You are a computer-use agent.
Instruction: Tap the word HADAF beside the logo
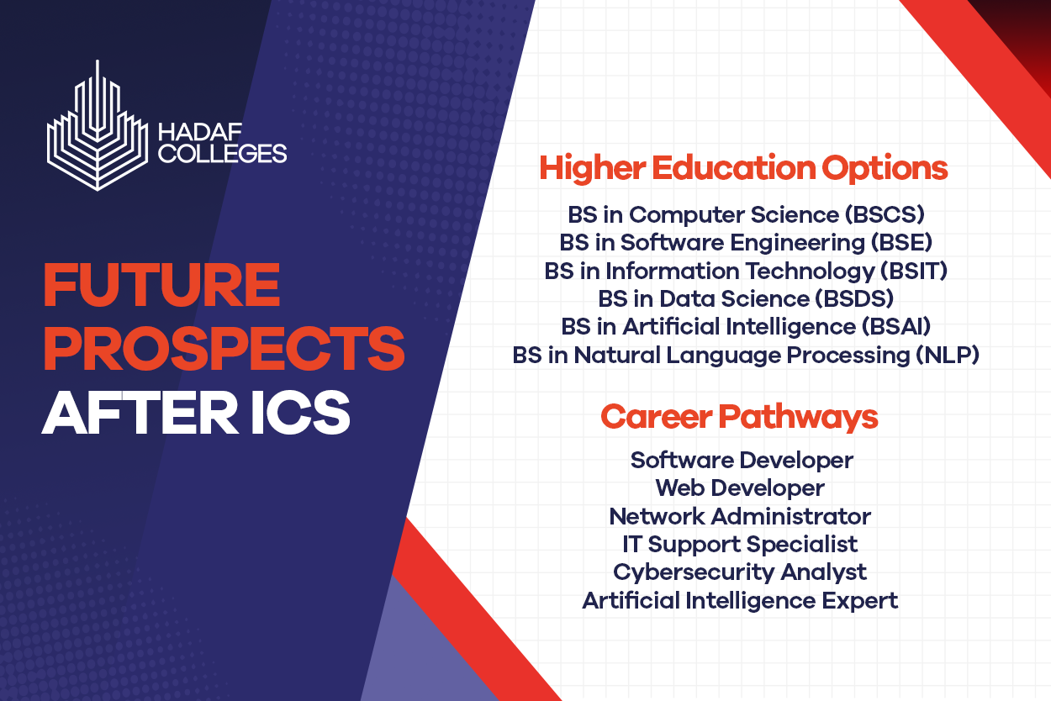tap(200, 132)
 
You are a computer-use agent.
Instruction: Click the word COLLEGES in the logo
tap(223, 154)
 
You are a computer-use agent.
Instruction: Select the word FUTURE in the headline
tap(162, 285)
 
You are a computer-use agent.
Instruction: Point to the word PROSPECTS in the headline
tap(224, 348)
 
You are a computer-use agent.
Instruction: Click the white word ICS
tap(300, 413)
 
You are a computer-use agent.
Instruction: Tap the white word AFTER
tap(140, 413)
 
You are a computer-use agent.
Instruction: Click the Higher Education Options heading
tap(743, 169)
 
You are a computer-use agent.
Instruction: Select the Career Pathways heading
tap(739, 417)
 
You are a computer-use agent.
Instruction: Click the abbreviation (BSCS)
tap(885, 214)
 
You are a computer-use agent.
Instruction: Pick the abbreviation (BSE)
tap(901, 243)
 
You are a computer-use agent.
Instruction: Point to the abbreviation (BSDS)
tap(854, 298)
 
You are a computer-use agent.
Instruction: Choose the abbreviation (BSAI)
tap(895, 326)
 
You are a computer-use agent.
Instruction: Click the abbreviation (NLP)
tap(948, 355)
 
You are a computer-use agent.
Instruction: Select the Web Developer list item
tap(740, 488)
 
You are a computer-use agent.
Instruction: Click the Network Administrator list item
tap(740, 516)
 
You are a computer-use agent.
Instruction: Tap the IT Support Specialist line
tap(740, 545)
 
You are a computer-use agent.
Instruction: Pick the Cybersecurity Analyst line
tap(740, 572)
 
